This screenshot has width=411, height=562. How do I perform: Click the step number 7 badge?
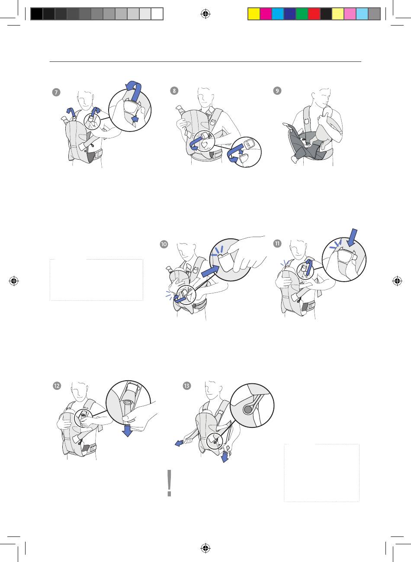[56, 92]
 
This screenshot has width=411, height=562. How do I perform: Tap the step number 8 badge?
[174, 90]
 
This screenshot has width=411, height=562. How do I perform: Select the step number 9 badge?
[277, 90]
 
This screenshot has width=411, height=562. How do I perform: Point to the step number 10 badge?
[164, 244]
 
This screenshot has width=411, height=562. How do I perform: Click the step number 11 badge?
[277, 244]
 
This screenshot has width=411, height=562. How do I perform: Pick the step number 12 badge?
[57, 385]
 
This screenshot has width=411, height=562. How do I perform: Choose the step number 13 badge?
[187, 385]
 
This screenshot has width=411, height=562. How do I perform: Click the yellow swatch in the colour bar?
[254, 14]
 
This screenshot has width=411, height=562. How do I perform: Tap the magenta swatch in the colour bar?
[266, 14]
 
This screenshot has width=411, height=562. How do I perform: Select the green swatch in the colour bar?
[302, 14]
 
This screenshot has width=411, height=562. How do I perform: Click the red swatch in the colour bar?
[314, 14]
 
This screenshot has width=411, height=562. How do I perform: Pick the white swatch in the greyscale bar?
[157, 14]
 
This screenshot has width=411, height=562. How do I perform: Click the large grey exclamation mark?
[169, 483]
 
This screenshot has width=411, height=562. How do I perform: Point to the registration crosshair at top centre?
[205, 14]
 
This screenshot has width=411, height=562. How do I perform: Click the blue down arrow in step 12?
[128, 430]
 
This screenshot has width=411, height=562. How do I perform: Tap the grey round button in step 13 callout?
[247, 410]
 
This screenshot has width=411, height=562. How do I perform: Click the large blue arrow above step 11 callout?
[353, 238]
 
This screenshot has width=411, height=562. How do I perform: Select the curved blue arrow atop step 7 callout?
[134, 90]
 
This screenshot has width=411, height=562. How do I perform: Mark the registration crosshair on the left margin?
[14, 281]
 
